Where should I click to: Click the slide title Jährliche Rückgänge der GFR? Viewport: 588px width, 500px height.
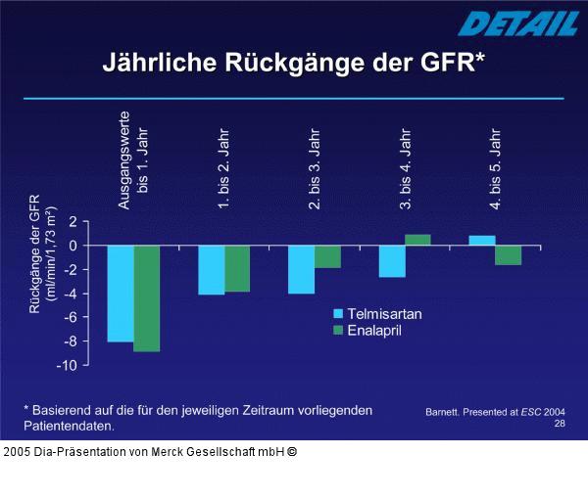coord(294,63)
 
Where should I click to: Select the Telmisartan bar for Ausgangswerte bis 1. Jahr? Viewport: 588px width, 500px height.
coord(121,294)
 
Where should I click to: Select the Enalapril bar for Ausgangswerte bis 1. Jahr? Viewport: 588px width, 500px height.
coord(147,297)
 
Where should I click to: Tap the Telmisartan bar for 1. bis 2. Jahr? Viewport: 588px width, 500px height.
coord(211,270)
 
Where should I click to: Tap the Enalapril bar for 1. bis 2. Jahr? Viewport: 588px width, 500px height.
coord(237,268)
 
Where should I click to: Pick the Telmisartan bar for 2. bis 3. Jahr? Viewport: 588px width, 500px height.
coord(301,269)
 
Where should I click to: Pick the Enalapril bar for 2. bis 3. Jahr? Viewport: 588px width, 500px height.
coord(327,256)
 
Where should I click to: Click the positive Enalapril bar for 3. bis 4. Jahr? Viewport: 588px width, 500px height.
coord(417,240)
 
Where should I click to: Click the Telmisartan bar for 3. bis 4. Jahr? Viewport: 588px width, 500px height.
coord(392,261)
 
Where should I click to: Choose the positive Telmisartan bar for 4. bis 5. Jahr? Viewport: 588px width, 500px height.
coord(482,241)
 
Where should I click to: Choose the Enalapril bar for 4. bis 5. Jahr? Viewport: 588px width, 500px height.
coord(508,254)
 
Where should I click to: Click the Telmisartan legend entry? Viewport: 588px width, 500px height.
coord(378,314)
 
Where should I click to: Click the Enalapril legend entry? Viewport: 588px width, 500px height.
coord(373,331)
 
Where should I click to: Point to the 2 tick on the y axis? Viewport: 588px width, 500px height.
coord(72,222)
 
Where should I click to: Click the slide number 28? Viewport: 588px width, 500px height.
coord(560,424)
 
